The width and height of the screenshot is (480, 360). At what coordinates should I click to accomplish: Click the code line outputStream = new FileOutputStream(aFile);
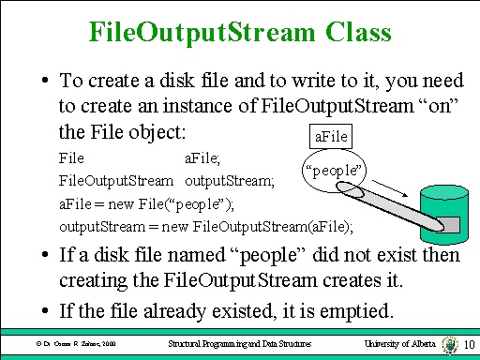206,226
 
